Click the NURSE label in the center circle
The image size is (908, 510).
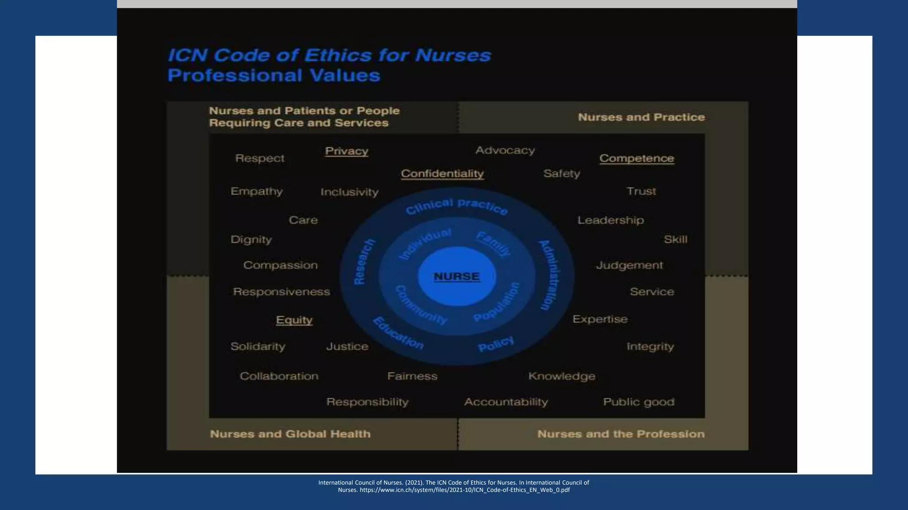[x=457, y=276]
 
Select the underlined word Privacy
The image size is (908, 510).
[x=346, y=151]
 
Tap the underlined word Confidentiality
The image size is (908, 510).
[x=442, y=174]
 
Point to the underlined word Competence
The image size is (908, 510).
[x=636, y=158]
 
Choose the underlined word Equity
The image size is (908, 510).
[x=294, y=320]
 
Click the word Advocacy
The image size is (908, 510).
[x=505, y=151]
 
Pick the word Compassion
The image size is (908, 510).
[x=280, y=265]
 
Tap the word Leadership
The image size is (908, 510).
[x=610, y=220]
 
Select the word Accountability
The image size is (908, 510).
[x=506, y=402]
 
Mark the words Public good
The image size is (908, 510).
[x=638, y=402]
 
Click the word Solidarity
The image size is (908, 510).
[x=258, y=346]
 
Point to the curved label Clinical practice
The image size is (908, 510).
[x=457, y=206]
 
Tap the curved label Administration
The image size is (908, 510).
[x=550, y=275]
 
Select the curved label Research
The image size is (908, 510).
[x=364, y=262]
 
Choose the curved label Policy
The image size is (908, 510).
[x=496, y=344]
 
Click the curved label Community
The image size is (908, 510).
[x=420, y=305]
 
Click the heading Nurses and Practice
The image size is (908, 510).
[x=641, y=117]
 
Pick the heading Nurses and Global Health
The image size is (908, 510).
[x=290, y=434]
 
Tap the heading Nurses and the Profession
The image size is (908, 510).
[x=621, y=434]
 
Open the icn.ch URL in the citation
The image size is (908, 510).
[x=464, y=490]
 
